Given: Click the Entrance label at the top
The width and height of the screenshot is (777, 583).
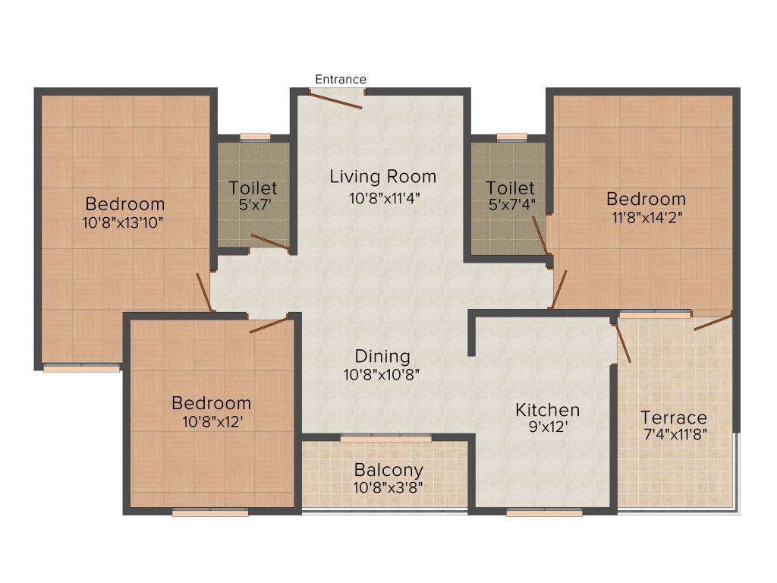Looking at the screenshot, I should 341,79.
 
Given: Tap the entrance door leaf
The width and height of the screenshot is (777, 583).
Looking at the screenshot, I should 338,99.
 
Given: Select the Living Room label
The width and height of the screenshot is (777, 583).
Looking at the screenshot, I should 382,177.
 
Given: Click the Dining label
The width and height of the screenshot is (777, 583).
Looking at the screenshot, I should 382,356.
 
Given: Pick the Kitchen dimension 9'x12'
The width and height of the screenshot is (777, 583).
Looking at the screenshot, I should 547,427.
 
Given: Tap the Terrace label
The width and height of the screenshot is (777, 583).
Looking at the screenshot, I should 673,418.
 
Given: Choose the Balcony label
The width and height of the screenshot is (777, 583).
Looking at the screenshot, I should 388,470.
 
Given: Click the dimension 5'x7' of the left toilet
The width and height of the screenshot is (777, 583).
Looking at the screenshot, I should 253,205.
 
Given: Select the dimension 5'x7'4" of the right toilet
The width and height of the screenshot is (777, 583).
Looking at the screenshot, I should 511,205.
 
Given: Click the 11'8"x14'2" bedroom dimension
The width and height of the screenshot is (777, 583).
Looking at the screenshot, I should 646,217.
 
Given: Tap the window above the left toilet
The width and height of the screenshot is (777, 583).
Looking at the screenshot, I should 256,137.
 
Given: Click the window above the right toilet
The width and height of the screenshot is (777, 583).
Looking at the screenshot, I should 512,137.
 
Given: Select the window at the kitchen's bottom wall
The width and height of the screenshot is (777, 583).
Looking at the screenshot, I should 544,512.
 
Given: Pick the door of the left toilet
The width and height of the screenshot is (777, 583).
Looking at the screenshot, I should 270,242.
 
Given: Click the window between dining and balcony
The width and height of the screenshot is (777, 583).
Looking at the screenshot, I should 385,437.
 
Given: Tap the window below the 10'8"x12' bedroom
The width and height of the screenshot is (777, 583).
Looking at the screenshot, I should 210,512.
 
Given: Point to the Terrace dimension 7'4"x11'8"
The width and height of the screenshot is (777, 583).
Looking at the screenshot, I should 673,436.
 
